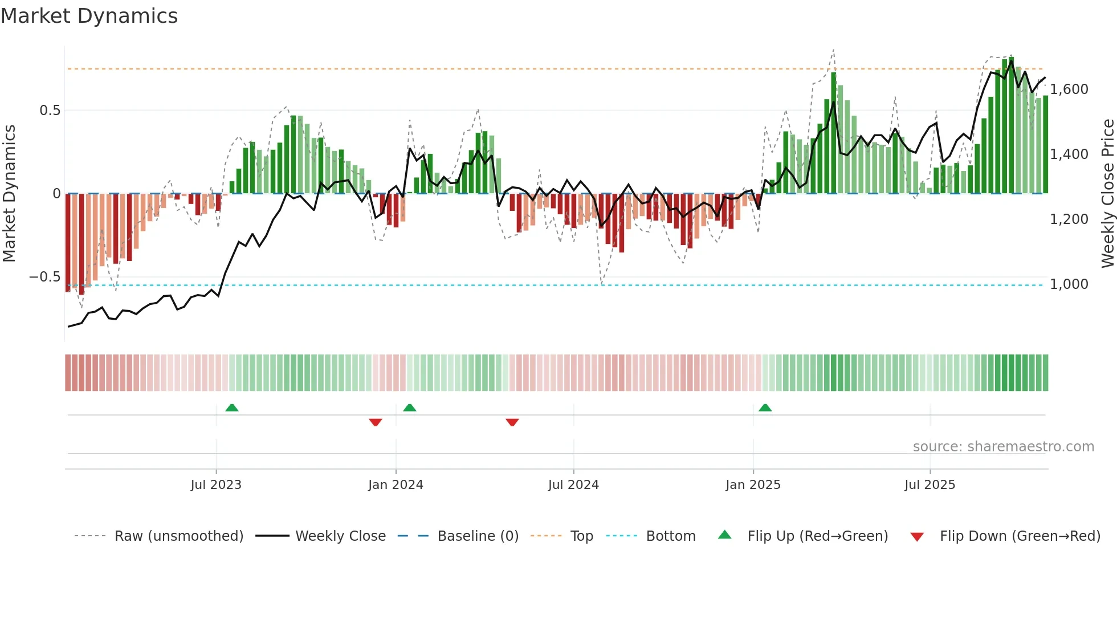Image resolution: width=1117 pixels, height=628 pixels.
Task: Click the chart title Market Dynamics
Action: coord(89,16)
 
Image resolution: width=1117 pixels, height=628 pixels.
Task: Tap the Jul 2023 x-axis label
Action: coord(216,485)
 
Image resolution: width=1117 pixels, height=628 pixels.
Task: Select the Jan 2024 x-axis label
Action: coord(396,485)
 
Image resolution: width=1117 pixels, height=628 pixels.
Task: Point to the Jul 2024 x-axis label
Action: coord(573,485)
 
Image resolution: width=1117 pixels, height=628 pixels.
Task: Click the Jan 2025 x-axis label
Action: coord(753,485)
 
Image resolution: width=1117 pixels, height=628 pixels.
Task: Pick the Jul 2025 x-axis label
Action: coord(930,485)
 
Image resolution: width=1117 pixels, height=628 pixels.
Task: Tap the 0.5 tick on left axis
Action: coord(50,111)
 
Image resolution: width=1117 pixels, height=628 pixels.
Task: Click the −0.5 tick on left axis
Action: coord(45,277)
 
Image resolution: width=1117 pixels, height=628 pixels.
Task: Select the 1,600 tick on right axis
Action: coord(1069,89)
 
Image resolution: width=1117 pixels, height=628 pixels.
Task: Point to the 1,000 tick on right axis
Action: coord(1069,284)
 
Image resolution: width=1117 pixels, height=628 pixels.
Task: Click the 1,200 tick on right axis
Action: coord(1069,219)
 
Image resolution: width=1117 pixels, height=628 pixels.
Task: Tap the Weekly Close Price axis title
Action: coord(1107,194)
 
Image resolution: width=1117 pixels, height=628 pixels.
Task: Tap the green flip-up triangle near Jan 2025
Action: coord(765,408)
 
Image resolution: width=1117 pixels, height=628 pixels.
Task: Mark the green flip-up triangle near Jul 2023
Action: coord(232,408)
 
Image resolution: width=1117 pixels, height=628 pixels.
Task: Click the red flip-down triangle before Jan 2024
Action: coord(376,422)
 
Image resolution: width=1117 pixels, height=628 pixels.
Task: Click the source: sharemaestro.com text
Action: coord(1003,447)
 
